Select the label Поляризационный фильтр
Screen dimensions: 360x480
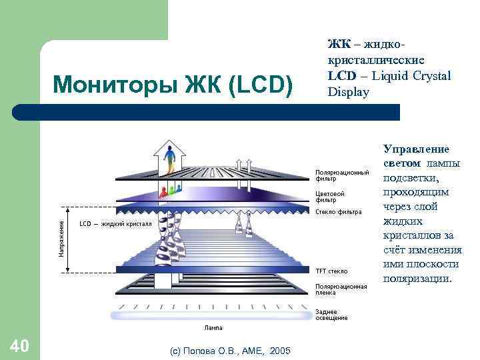click(x=342, y=175)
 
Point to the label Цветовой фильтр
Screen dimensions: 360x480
click(x=330, y=197)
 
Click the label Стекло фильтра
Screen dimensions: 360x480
click(x=339, y=212)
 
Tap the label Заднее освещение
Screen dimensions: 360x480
click(x=331, y=315)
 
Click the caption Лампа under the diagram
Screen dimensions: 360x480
click(x=213, y=328)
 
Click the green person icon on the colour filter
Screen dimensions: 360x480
click(x=172, y=191)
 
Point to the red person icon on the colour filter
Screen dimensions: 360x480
click(x=163, y=192)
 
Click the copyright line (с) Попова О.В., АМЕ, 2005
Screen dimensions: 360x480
click(x=230, y=350)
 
